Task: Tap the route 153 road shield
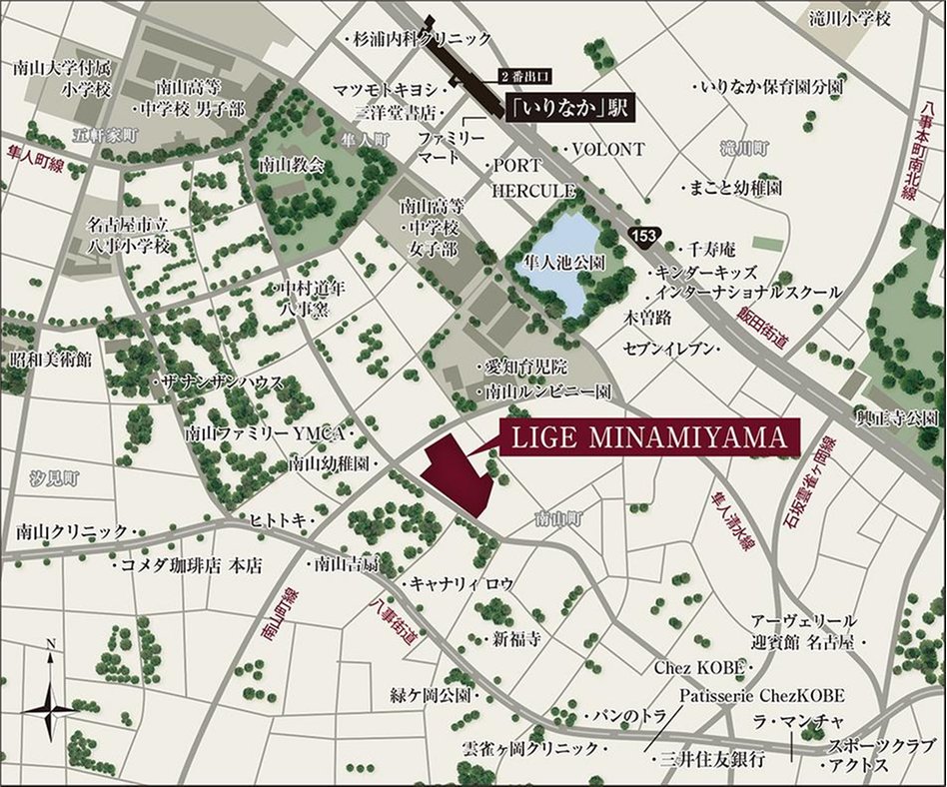pos(642,233)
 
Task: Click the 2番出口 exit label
pos(524,76)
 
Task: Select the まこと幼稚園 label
pos(732,188)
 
